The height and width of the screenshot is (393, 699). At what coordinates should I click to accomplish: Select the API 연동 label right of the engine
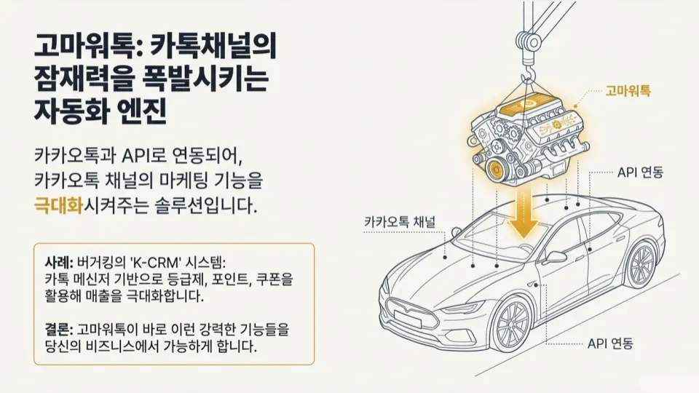click(x=641, y=173)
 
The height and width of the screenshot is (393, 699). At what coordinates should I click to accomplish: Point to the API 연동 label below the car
click(x=610, y=342)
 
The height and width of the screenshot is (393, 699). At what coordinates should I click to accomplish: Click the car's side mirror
click(x=554, y=257)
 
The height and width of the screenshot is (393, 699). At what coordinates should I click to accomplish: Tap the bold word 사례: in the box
click(x=58, y=261)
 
